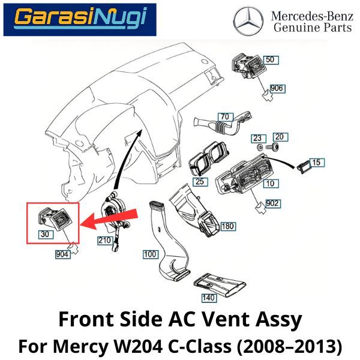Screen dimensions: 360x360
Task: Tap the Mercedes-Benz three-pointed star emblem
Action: (x=248, y=22)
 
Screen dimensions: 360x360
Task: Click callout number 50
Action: (x=270, y=59)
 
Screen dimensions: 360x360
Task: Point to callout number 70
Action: (x=225, y=116)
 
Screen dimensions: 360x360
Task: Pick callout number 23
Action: (x=257, y=137)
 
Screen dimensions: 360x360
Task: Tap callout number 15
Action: (x=317, y=163)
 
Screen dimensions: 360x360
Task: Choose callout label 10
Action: (x=271, y=182)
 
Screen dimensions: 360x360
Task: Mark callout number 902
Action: (x=273, y=204)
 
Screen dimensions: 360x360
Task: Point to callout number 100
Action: (x=150, y=254)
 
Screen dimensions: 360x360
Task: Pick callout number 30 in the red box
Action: (x=45, y=234)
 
